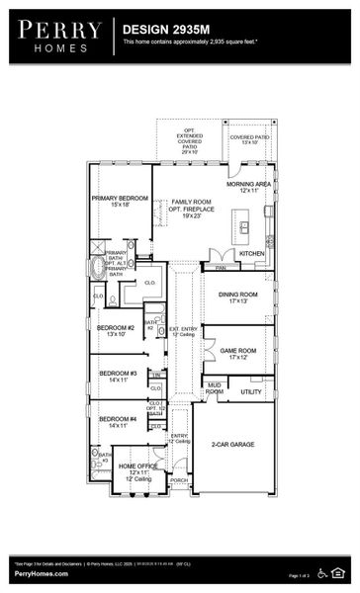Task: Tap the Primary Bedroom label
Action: (x=119, y=202)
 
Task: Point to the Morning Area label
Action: (x=248, y=187)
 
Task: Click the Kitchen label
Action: (x=251, y=253)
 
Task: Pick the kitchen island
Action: (x=245, y=228)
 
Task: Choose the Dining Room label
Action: (x=237, y=296)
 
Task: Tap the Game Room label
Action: (x=237, y=353)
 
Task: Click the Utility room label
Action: (x=251, y=391)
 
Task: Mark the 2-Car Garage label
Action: (x=232, y=445)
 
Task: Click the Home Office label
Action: (x=137, y=467)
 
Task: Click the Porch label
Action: (x=179, y=480)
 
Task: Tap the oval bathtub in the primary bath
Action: (x=96, y=268)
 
